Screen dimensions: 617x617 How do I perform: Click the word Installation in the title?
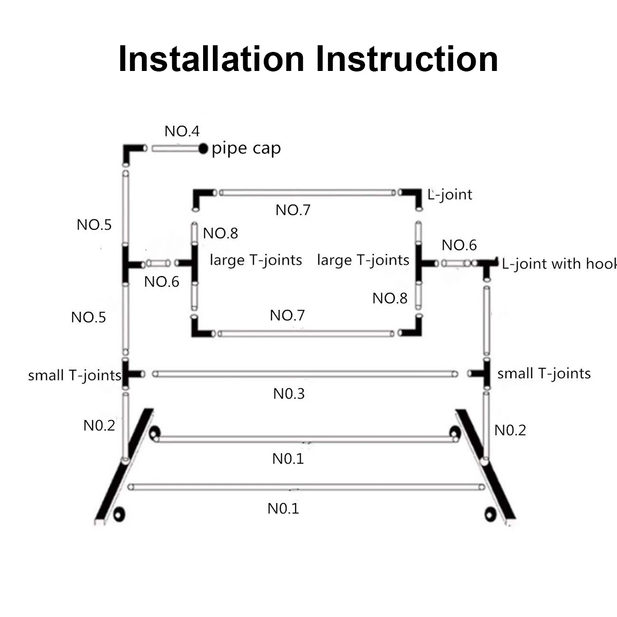tap(211, 59)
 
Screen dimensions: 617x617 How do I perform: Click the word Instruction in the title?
tap(407, 59)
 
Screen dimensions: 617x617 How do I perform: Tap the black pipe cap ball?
tap(204, 149)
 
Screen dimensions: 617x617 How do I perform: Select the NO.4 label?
tap(182, 131)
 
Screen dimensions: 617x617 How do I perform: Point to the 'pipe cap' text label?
tap(246, 149)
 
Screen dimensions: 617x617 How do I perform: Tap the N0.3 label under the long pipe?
tap(289, 394)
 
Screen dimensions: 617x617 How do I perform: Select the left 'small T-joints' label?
tap(75, 375)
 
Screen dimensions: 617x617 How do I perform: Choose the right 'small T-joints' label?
tap(544, 374)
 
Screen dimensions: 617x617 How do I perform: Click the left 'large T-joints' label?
tap(256, 260)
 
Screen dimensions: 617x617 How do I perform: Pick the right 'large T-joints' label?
tap(363, 260)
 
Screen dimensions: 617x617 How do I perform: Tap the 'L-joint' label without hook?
tap(450, 194)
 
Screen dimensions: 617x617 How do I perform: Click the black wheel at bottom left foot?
tap(119, 514)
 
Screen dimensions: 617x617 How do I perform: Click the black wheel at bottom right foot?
tap(489, 514)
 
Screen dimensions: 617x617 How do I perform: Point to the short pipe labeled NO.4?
tap(175, 149)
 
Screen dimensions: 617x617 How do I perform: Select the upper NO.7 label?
tap(293, 210)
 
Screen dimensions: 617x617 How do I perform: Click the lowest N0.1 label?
tap(283, 509)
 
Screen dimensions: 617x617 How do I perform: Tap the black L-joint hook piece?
tap(488, 265)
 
